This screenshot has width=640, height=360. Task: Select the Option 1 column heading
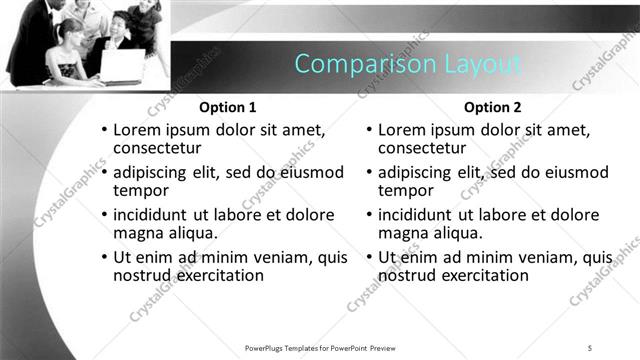[x=228, y=107]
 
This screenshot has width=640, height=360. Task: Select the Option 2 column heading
[x=493, y=107]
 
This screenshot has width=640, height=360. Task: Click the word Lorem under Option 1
[x=137, y=130]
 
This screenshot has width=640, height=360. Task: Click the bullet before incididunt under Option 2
[x=369, y=215]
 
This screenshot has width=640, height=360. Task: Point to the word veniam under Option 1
[x=285, y=257]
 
